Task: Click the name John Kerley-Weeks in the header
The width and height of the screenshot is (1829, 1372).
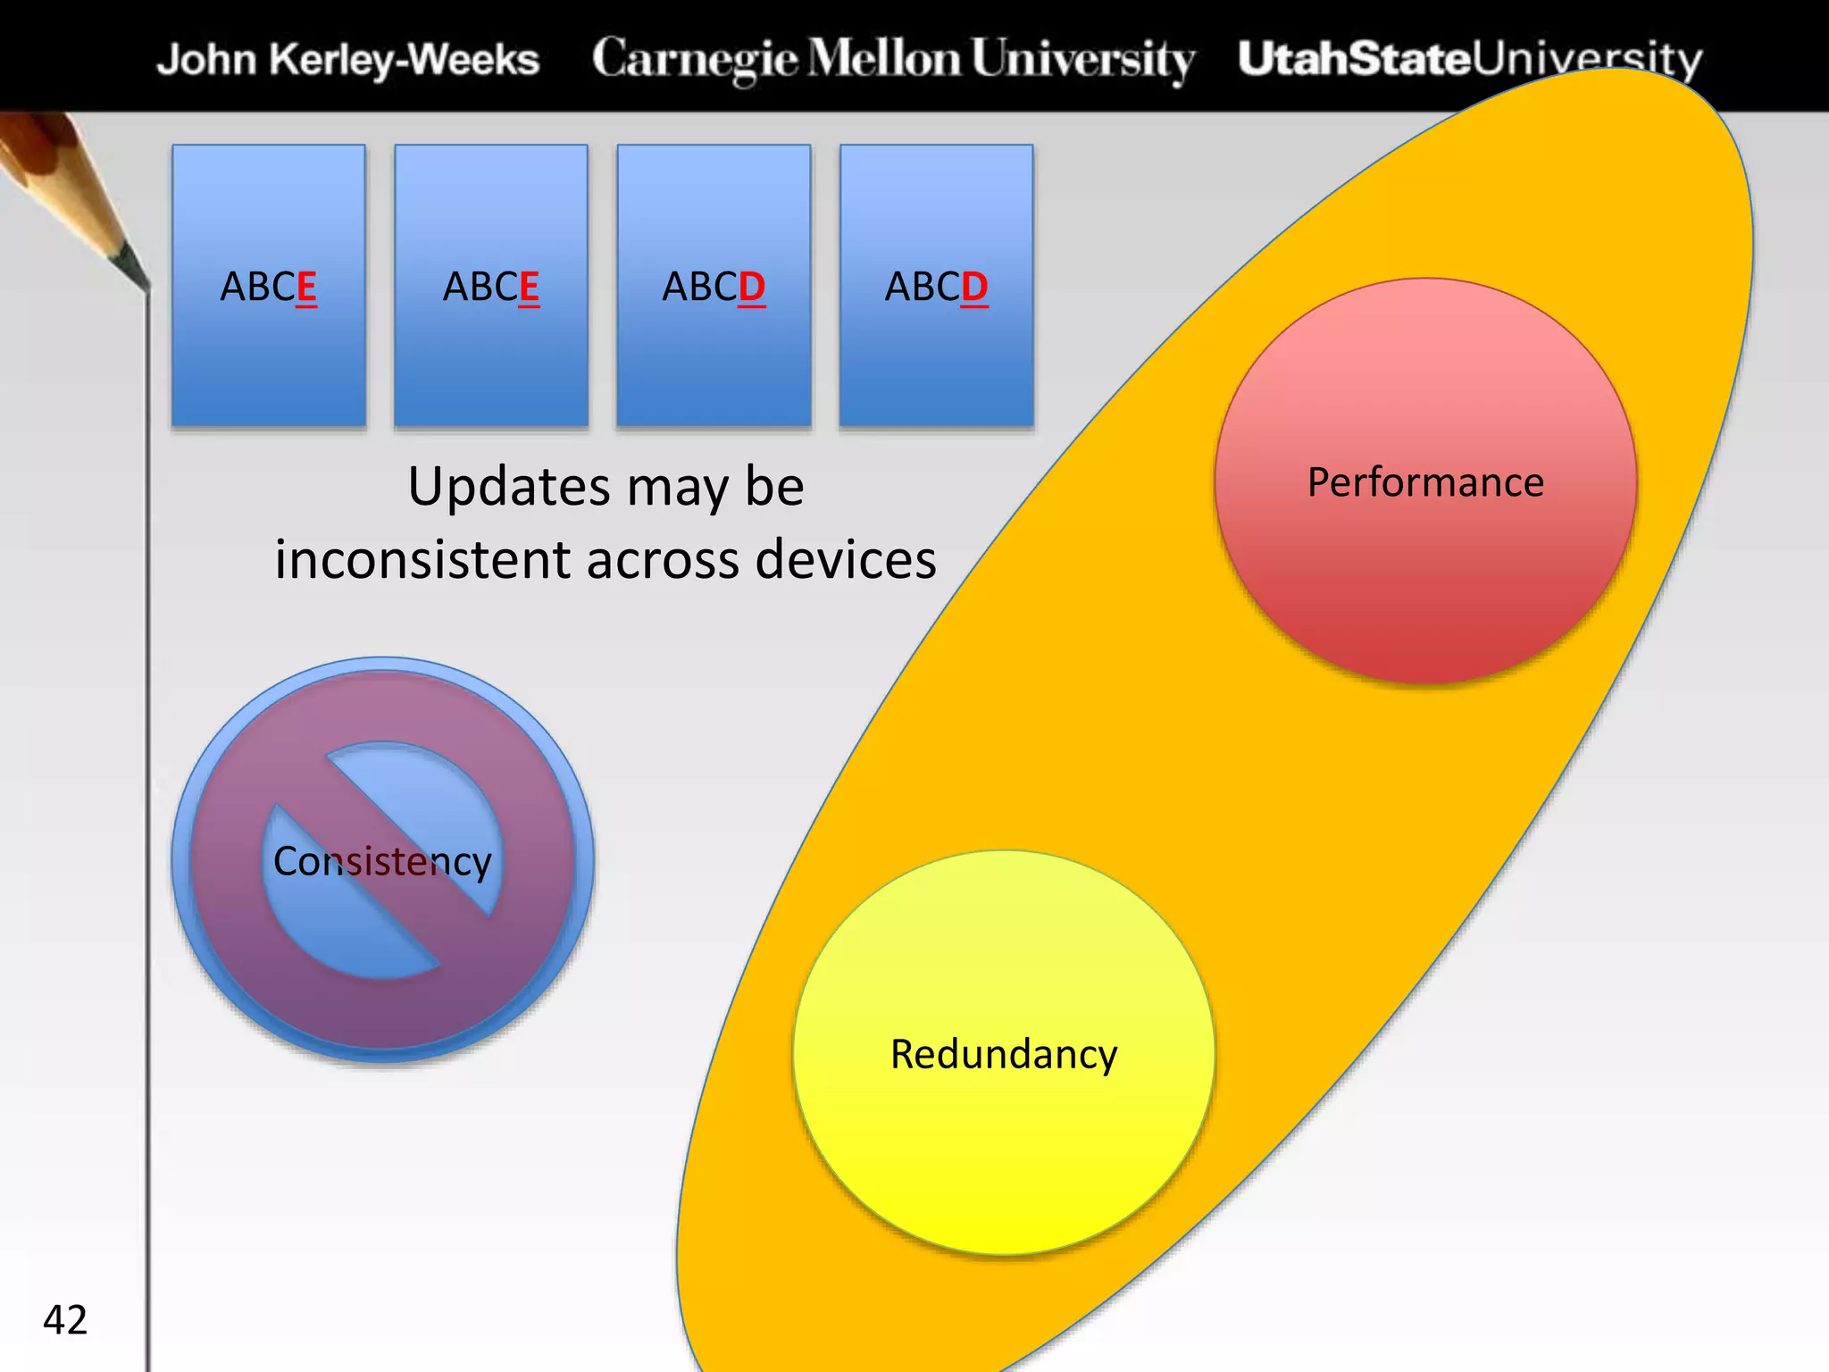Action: tap(348, 60)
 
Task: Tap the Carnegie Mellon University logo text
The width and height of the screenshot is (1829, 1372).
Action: tap(893, 59)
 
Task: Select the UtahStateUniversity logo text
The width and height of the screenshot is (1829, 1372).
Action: tap(1469, 59)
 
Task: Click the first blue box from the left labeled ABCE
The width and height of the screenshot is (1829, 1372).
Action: tap(269, 357)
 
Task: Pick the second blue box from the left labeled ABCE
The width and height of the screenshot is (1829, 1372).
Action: tap(491, 357)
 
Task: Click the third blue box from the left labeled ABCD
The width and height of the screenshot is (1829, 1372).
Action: tap(714, 357)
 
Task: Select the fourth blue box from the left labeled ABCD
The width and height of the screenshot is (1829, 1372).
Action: tap(936, 357)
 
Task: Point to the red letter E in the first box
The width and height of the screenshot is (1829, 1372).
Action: tap(306, 288)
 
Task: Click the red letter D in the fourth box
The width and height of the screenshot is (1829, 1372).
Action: tap(974, 288)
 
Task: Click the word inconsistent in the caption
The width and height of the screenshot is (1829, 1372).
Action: tap(422, 560)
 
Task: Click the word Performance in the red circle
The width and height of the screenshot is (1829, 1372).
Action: tap(1425, 482)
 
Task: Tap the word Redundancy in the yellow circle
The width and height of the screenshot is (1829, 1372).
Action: tap(1004, 1054)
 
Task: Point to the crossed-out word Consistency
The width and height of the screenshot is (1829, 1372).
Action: tap(382, 862)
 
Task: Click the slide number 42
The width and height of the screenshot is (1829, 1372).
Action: tap(65, 1319)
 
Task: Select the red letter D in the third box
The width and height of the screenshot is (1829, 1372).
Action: tap(752, 288)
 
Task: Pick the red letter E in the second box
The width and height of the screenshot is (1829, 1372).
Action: tap(529, 288)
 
